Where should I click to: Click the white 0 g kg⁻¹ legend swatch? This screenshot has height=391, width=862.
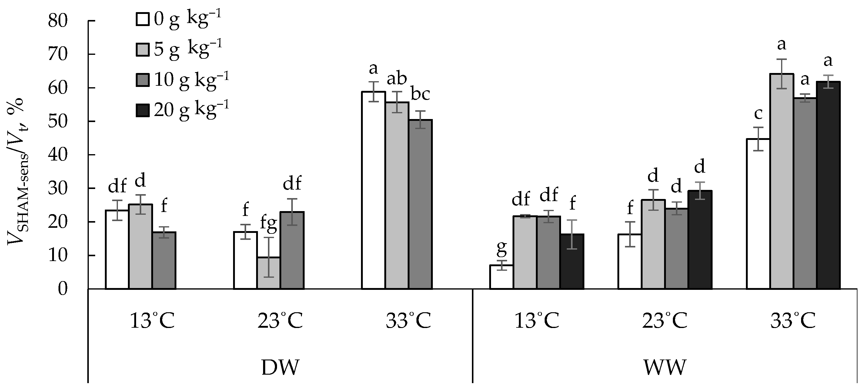pos(142,19)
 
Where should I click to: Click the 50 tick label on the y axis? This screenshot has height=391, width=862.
pos(58,122)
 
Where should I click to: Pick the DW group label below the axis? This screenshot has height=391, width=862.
pos(280,367)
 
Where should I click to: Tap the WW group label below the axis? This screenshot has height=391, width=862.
pos(664,367)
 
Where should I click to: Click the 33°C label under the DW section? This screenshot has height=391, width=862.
pos(408,321)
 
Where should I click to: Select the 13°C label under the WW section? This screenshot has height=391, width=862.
pos(536,321)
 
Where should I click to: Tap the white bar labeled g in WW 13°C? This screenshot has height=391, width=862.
pos(501,277)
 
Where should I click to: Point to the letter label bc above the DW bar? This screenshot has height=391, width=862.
pos(420,95)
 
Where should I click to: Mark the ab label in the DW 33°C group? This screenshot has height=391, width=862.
pos(397,79)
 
